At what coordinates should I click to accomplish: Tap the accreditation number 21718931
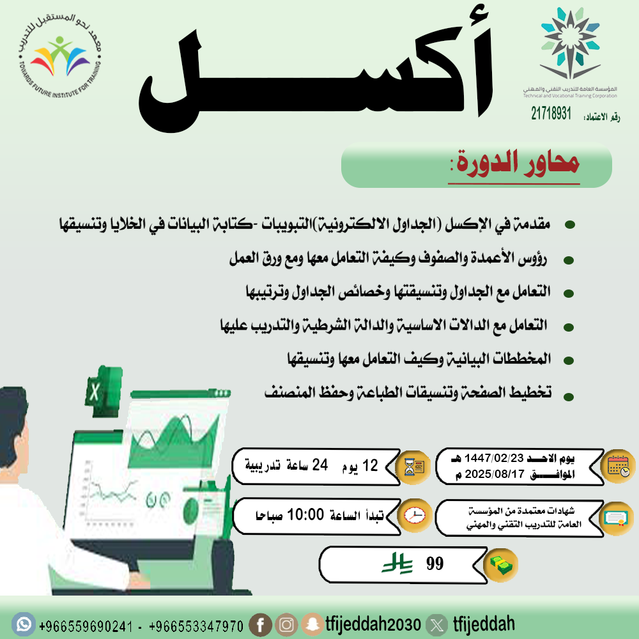coord(551,114)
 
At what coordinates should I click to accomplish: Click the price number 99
coord(435,564)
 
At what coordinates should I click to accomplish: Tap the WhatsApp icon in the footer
coord(24,623)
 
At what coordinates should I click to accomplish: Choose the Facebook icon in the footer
coord(260,624)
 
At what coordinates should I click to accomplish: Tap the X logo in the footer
coord(436,624)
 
